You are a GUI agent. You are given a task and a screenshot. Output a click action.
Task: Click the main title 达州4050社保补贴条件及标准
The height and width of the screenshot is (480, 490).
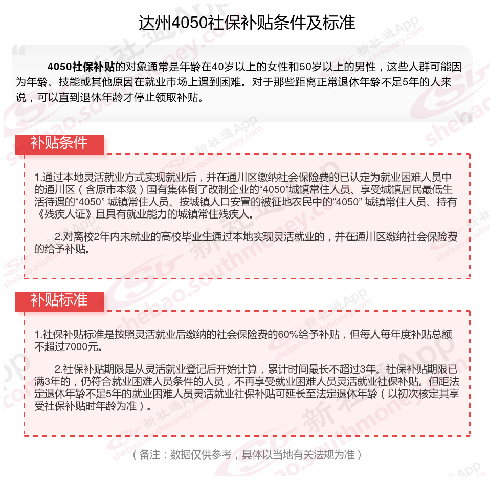247,23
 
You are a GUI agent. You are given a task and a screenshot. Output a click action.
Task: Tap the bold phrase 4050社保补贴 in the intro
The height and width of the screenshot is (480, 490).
81,67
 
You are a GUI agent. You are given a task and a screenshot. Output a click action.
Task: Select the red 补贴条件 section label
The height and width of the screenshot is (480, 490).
59,143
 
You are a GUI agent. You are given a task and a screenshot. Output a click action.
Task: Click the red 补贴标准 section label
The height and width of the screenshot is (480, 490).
59,300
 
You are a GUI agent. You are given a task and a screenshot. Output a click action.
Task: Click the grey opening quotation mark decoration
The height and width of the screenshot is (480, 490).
19,52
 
